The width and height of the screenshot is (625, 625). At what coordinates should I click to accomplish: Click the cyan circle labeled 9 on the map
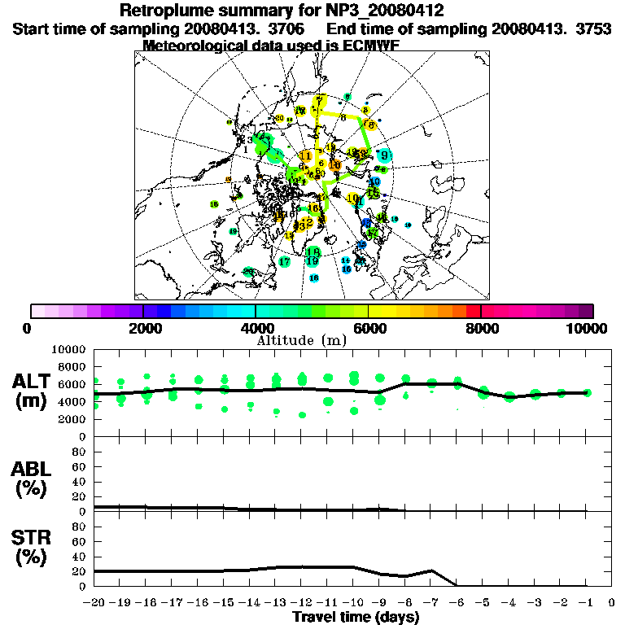(x=383, y=155)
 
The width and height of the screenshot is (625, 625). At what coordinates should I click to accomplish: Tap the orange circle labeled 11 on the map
(x=306, y=155)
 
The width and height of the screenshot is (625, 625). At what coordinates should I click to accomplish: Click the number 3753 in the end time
(x=596, y=28)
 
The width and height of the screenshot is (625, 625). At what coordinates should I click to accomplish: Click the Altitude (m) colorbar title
(x=302, y=339)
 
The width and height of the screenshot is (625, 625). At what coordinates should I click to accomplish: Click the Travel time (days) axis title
(x=356, y=617)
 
